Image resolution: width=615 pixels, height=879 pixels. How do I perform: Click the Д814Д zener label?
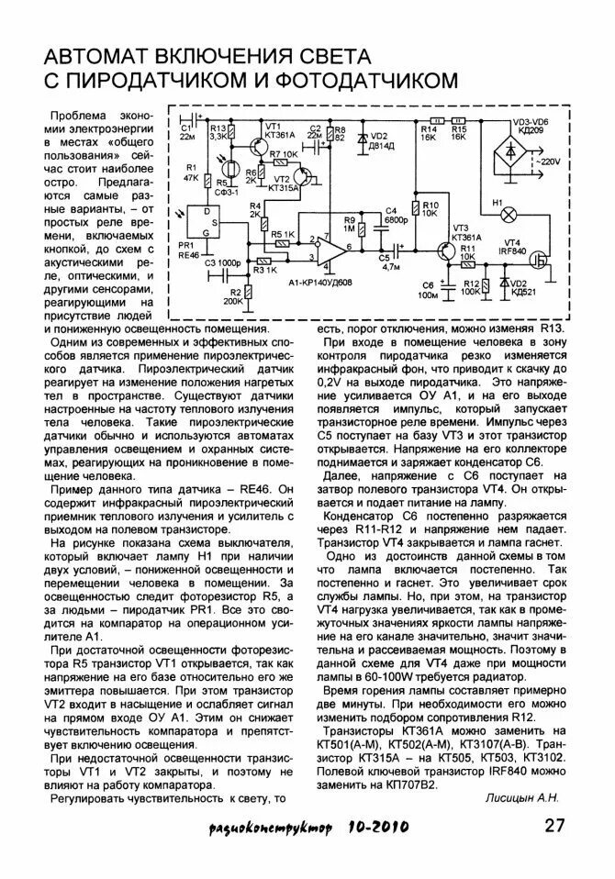380,146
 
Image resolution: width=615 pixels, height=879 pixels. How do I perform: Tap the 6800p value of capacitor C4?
397,220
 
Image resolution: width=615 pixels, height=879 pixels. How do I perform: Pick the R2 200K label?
233,295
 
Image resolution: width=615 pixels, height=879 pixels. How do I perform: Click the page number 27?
554,826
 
